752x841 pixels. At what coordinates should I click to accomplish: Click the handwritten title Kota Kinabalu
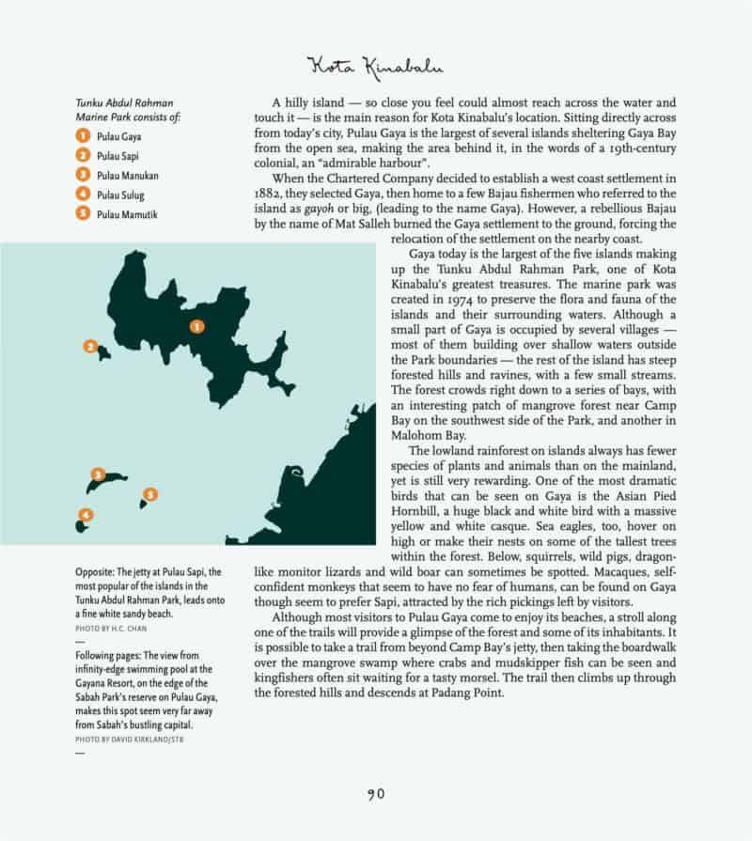pos(375,67)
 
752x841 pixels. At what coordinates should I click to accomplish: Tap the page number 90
pos(375,794)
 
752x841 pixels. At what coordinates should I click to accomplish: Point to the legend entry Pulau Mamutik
pos(111,214)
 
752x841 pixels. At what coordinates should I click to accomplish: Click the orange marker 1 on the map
pos(196,326)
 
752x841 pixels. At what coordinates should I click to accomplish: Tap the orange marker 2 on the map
pos(90,347)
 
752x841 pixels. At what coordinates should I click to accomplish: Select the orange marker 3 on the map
pos(97,475)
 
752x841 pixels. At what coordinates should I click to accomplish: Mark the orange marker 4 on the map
pos(86,514)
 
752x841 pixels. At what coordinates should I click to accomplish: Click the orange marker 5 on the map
pos(150,494)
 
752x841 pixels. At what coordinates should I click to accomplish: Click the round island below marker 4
pos(82,525)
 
